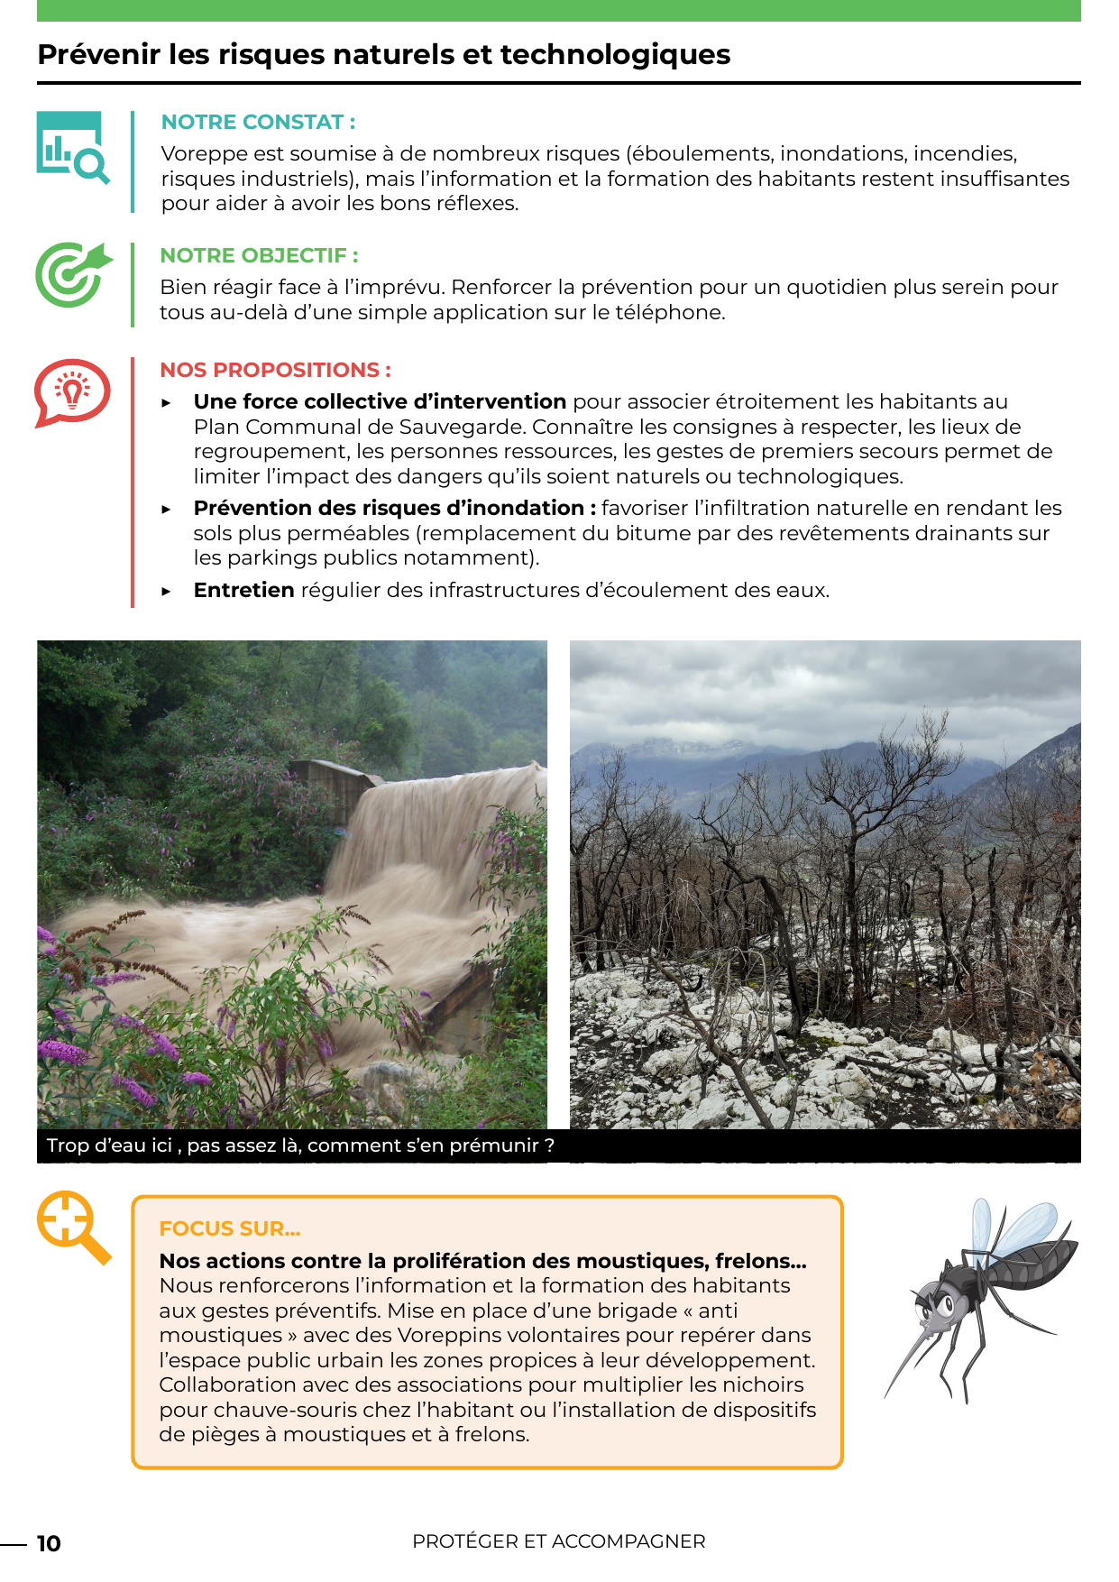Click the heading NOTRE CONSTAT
258,123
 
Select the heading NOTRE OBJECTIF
259,256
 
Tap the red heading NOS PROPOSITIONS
275,371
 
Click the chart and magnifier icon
73,147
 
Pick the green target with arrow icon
73,274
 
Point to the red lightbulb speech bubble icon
72,392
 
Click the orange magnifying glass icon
73,1226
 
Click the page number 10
49,1544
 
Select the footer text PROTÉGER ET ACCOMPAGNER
559,1542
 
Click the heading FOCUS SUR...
230,1229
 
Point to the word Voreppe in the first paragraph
200,154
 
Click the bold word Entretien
243,591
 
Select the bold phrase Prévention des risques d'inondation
394,509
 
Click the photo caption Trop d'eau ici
300,1146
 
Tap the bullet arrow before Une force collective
167,403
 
